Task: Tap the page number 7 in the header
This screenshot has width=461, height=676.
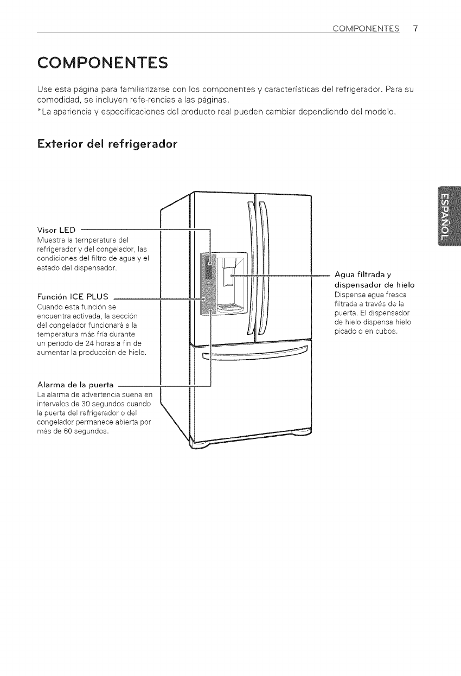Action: (x=415, y=28)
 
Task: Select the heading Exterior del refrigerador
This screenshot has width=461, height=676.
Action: (x=107, y=145)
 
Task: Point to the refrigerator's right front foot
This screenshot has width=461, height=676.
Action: (x=302, y=433)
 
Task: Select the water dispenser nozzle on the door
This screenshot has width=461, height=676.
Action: (x=230, y=275)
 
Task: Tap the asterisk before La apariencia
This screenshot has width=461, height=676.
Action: (x=39, y=112)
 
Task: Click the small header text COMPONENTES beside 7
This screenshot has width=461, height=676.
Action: (x=368, y=29)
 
